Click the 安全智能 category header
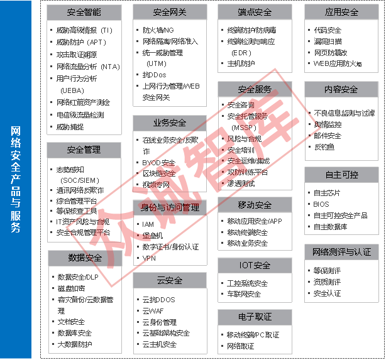84,12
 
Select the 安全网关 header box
170,12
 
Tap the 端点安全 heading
255,12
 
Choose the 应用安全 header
341,12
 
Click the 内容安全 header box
341,89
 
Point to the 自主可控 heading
341,173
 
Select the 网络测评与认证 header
341,252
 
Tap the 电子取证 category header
255,316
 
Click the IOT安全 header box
255,265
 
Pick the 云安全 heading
170,280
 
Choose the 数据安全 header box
85,258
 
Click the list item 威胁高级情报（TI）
84,30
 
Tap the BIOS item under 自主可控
321,204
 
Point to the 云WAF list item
154,310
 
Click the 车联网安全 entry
244,294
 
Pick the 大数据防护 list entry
75,344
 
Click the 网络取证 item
241,346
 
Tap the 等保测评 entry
327,271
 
